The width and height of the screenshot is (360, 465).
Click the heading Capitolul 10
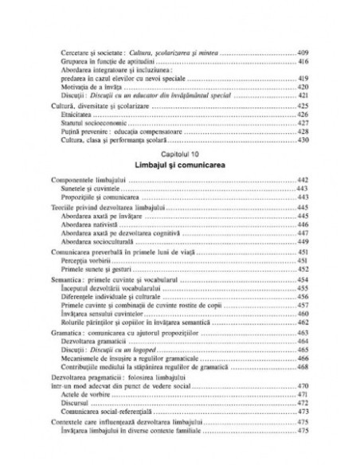pos(179,150)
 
